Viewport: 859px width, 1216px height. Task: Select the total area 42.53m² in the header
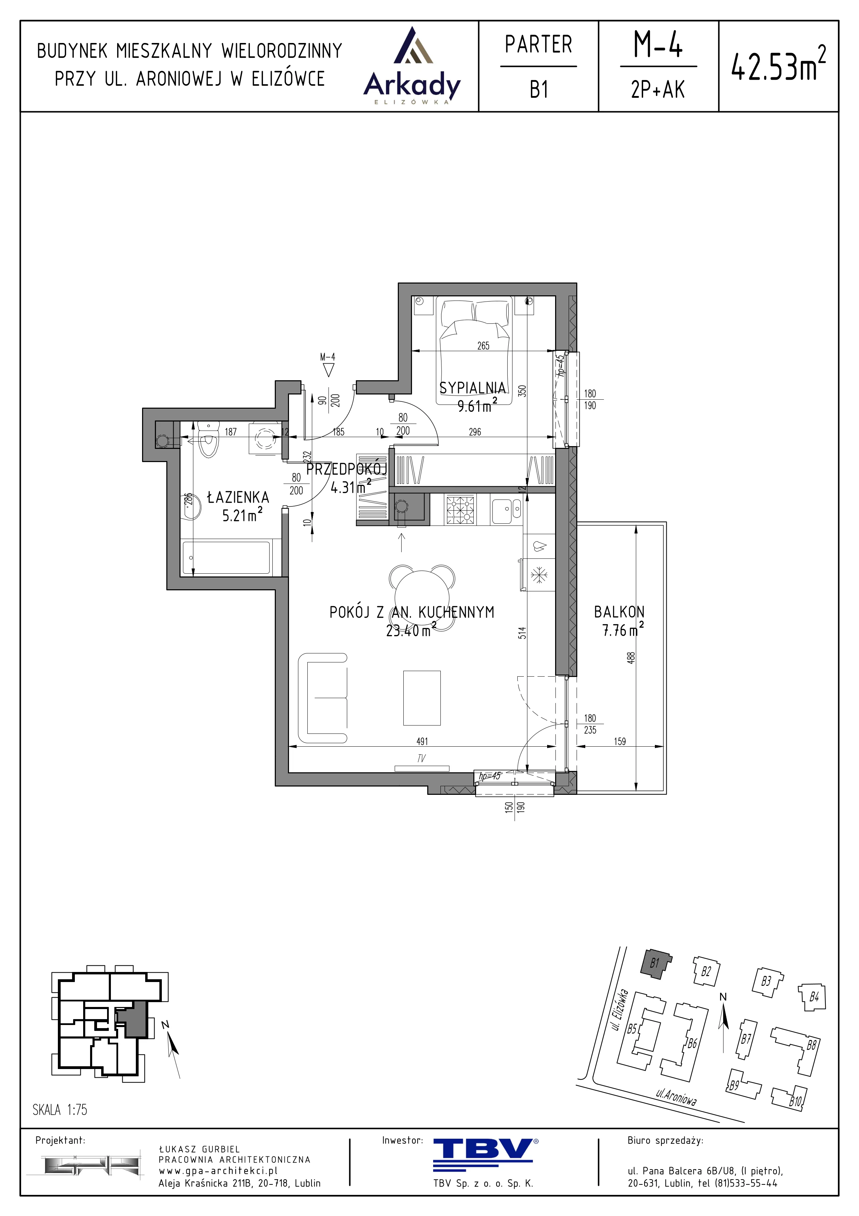(x=778, y=64)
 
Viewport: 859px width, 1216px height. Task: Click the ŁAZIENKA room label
(x=238, y=497)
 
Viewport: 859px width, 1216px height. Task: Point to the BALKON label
(x=619, y=612)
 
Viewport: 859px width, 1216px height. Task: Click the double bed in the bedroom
(x=474, y=349)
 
